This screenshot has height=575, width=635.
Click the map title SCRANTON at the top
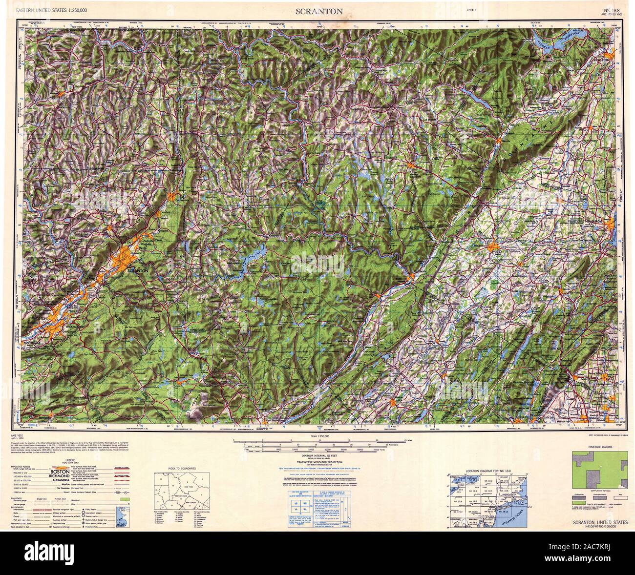pyautogui.click(x=318, y=11)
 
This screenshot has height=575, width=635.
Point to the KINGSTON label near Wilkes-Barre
pyautogui.click(x=39, y=318)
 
